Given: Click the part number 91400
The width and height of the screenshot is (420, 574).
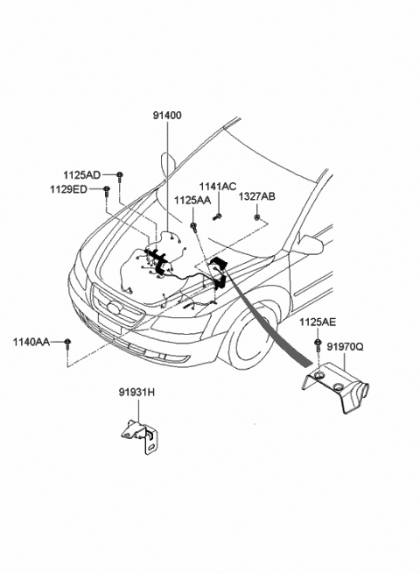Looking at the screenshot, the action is (167, 116).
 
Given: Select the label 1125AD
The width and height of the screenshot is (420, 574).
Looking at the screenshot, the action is (82, 175).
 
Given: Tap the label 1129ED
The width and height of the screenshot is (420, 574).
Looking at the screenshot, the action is (69, 189).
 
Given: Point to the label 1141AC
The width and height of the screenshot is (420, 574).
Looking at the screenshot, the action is (218, 187).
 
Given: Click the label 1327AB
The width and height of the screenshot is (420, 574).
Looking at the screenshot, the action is (257, 197).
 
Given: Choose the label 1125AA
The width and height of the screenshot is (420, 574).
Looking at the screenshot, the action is (192, 201).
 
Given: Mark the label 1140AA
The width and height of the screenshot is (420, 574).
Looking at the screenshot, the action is (31, 343).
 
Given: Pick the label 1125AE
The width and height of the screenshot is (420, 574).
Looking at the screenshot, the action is (318, 322).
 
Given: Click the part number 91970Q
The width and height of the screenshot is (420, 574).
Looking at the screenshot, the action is (345, 347).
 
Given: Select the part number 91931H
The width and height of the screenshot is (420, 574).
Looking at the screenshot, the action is (136, 393).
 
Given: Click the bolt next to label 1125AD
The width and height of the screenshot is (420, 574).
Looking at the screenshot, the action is (120, 176).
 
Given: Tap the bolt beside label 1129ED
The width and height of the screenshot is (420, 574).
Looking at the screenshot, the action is (107, 191).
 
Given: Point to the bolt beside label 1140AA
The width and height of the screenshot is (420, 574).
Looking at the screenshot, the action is (67, 344).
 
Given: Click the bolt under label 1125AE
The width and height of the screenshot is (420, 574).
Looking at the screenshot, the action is (318, 344).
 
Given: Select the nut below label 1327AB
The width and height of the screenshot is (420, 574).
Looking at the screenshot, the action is (257, 218).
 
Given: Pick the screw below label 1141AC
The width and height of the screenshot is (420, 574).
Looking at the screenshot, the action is (217, 217).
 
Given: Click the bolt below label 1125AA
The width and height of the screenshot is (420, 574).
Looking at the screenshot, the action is (193, 227).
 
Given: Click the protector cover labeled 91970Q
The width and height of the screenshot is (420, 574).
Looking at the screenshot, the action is (334, 386).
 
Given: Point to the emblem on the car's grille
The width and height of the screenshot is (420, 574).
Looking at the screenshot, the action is (115, 308).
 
